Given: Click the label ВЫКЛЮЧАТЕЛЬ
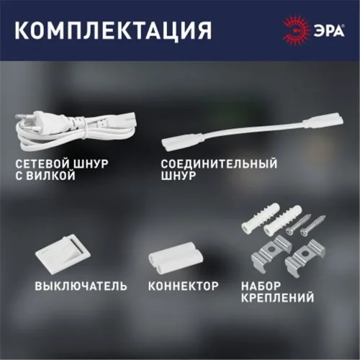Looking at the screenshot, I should point(81,286).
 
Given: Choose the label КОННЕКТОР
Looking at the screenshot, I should point(183,286).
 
